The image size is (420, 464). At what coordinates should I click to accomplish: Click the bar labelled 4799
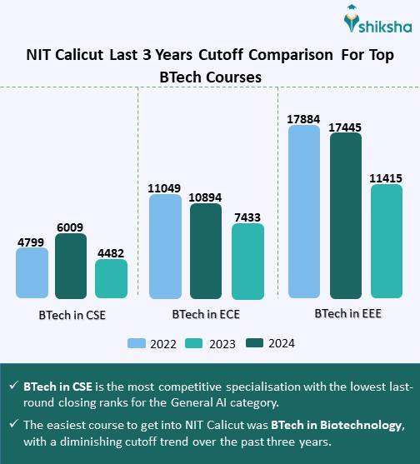pyautogui.click(x=32, y=273)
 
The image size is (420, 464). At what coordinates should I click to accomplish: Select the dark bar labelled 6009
pyautogui.click(x=71, y=266)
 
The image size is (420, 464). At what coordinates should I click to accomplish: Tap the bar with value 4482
pyautogui.click(x=111, y=279)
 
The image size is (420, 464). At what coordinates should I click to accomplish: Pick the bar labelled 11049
pyautogui.click(x=165, y=247)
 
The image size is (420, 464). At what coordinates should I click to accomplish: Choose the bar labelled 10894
pyautogui.click(x=205, y=251)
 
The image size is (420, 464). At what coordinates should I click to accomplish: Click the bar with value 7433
pyautogui.click(x=247, y=261)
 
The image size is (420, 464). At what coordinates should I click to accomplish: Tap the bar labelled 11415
pyautogui.click(x=387, y=241)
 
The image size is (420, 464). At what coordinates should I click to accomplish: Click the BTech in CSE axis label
pyautogui.click(x=72, y=317)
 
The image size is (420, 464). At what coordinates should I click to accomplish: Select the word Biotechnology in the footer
pyautogui.click(x=356, y=425)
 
